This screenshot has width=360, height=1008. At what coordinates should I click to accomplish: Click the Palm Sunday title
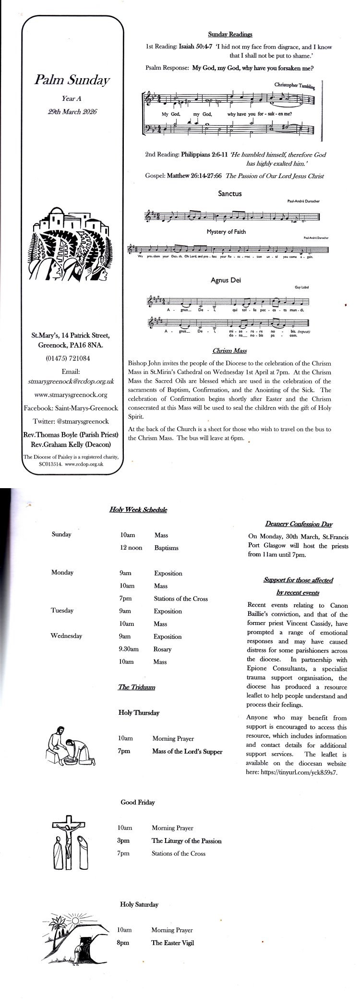(x=72, y=80)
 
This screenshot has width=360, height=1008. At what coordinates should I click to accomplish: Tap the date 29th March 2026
(x=72, y=111)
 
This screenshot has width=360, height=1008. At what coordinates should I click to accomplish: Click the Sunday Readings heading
(x=230, y=34)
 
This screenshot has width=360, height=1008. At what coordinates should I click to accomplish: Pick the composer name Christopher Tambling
(x=294, y=85)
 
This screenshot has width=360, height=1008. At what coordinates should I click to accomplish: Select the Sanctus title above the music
(x=230, y=194)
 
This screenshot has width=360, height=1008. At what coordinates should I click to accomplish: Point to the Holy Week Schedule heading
(x=138, y=510)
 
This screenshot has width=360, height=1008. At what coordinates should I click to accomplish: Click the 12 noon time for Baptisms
(x=131, y=548)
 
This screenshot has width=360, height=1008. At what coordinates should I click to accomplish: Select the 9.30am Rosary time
(x=129, y=649)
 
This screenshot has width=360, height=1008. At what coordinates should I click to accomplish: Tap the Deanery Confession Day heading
(x=299, y=524)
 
